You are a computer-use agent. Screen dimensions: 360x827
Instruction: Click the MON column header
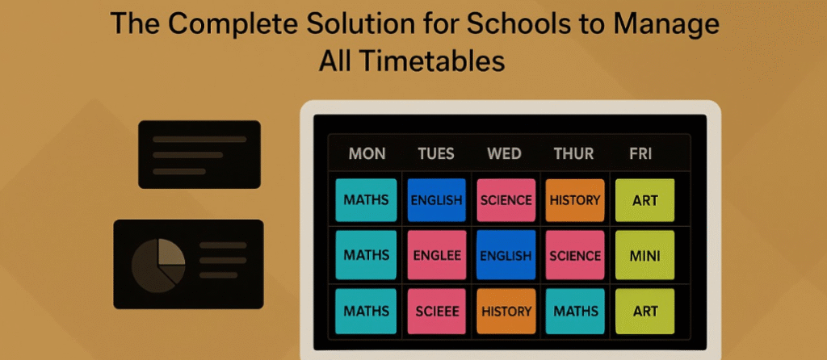tap(367, 153)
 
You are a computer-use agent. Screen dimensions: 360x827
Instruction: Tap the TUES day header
tap(436, 153)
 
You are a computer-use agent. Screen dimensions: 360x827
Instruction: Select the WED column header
tap(505, 153)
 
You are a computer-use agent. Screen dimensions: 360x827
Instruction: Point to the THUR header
tap(574, 153)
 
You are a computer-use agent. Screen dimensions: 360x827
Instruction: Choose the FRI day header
tap(640, 153)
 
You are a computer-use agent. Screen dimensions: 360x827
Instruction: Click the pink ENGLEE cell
tap(436, 255)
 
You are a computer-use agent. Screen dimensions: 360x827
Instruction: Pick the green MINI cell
tap(644, 255)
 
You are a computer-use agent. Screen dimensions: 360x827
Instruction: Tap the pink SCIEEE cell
tap(436, 311)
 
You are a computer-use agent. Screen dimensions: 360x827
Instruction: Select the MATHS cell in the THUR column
tap(575, 311)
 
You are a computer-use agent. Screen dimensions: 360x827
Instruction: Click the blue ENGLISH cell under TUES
tap(436, 200)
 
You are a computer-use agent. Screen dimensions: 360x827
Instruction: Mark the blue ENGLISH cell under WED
tap(506, 255)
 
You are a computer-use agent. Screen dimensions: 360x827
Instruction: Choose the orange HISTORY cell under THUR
tap(575, 200)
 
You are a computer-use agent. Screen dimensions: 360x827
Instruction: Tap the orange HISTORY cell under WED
tap(506, 311)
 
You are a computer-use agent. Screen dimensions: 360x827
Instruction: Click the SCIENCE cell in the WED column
tap(506, 200)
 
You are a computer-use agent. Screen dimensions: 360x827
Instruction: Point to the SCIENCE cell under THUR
tap(575, 255)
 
